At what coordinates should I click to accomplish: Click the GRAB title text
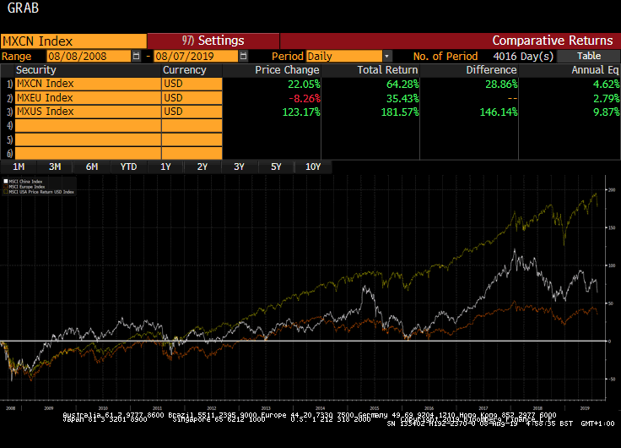click(x=22, y=10)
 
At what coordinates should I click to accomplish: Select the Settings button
click(x=213, y=41)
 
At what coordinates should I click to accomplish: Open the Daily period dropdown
click(x=387, y=56)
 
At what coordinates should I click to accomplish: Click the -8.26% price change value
click(x=302, y=98)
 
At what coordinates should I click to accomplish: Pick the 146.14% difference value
click(x=498, y=112)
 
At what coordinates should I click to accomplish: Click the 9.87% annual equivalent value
click(x=602, y=112)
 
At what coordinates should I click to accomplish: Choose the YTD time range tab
click(x=128, y=167)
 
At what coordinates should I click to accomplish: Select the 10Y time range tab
click(x=312, y=167)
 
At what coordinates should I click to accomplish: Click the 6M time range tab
click(x=92, y=167)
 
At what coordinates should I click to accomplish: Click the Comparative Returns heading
click(x=552, y=41)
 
